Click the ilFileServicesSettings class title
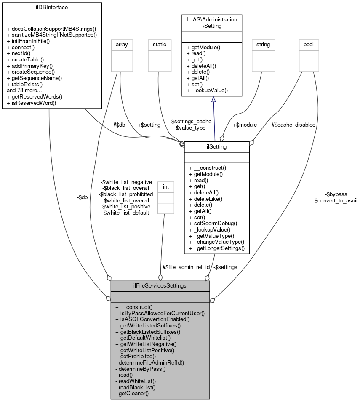160,286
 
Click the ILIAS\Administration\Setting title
211,23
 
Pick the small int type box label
166,186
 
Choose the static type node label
159,44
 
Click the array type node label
122,44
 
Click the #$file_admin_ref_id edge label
186,267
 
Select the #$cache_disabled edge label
293,125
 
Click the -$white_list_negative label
126,182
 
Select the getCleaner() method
131,394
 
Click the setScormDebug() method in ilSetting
213,224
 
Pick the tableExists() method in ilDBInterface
25,84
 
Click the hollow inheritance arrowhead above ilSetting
213,99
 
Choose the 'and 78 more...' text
24,90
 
